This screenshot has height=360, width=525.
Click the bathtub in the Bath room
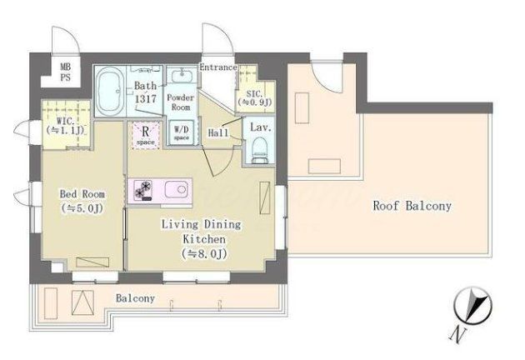(110, 91)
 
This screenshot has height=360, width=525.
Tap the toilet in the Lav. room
(260, 150)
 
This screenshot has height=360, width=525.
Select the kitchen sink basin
(177, 189)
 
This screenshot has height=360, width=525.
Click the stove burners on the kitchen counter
(143, 191)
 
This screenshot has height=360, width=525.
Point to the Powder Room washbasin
(182, 76)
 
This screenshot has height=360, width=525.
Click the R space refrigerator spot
(146, 135)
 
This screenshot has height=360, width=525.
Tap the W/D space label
(181, 132)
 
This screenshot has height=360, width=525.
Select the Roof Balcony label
(412, 206)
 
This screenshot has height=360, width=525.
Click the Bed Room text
(82, 194)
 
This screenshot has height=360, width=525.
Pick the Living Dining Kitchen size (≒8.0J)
(204, 254)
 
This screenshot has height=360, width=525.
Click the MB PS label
(65, 72)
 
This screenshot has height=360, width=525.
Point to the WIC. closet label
(66, 125)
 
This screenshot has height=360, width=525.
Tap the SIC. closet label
(255, 97)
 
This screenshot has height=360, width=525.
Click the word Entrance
(218, 67)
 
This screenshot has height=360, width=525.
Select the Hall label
(218, 133)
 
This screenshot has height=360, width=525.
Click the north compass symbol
(472, 306)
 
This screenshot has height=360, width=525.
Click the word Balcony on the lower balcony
(135, 298)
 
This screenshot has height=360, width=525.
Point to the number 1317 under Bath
(146, 99)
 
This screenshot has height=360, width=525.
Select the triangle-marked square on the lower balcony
(82, 302)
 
